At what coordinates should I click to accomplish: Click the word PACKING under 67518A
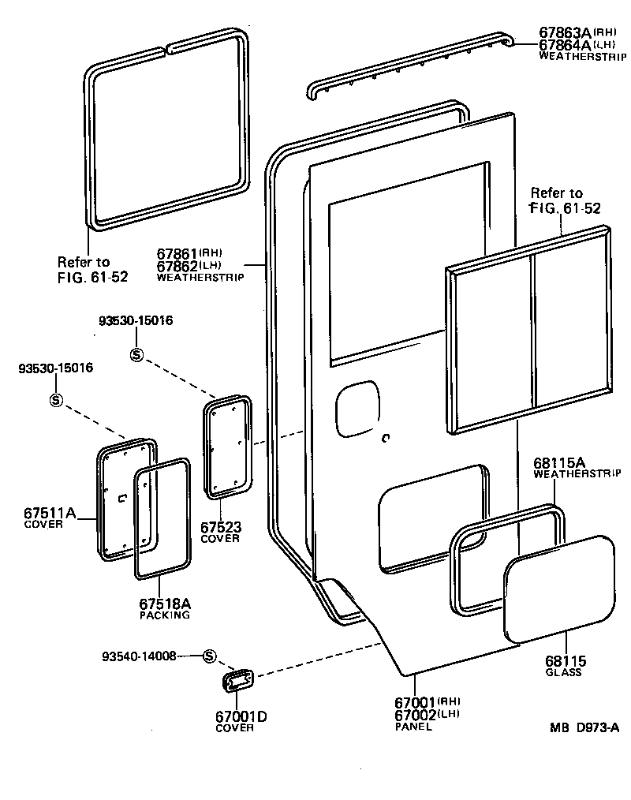pyautogui.click(x=165, y=615)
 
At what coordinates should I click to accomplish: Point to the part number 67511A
pyautogui.click(x=50, y=514)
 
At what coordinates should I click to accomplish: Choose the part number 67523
pyautogui.click(x=220, y=527)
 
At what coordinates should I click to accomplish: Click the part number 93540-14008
pyautogui.click(x=140, y=656)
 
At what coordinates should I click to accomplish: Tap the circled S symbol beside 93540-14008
pyautogui.click(x=209, y=656)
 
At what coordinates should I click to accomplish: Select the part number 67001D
pyautogui.click(x=241, y=716)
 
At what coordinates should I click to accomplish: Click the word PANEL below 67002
pyautogui.click(x=413, y=727)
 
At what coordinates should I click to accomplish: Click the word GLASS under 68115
pyautogui.click(x=563, y=672)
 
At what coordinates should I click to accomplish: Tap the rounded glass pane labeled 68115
pyautogui.click(x=558, y=588)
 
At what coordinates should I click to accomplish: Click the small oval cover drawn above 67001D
pyautogui.click(x=237, y=680)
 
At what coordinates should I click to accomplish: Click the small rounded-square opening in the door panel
pyautogui.click(x=357, y=409)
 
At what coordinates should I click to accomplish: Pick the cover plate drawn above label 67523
pyautogui.click(x=228, y=448)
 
